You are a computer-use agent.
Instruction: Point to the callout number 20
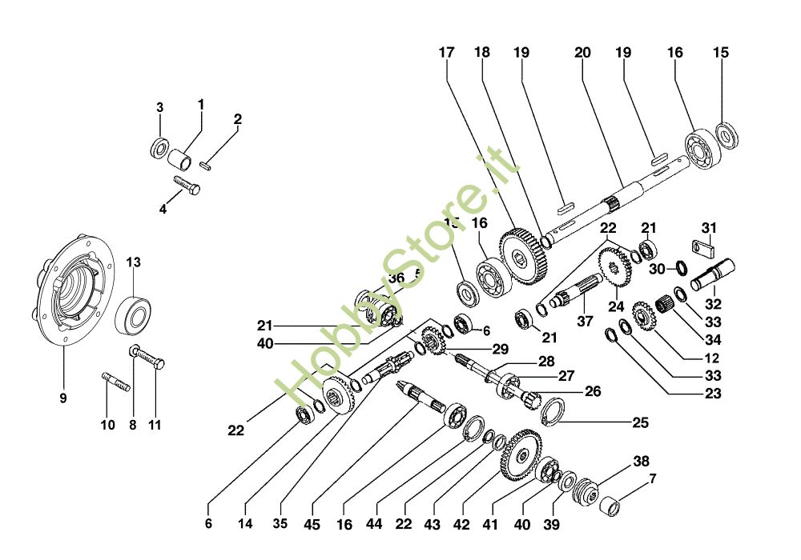pyautogui.click(x=582, y=53)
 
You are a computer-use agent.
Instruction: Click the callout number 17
pyautogui.click(x=446, y=53)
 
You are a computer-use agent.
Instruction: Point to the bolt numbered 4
pyautogui.click(x=189, y=188)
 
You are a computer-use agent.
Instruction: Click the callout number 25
pyautogui.click(x=640, y=422)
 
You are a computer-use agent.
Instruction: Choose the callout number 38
pyautogui.click(x=640, y=462)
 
